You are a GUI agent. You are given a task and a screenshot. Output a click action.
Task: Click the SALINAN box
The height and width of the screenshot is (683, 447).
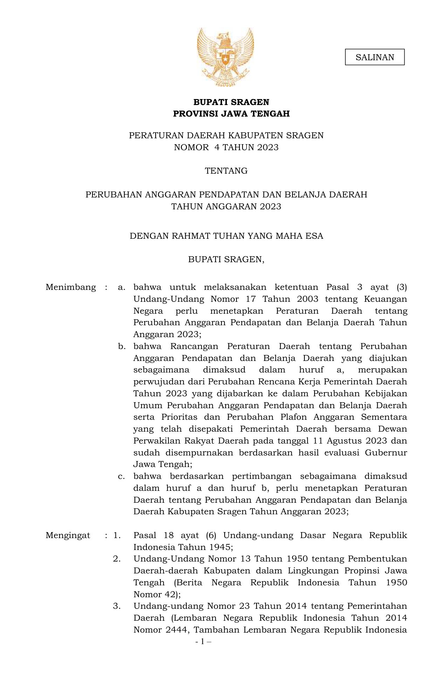(x=374, y=57)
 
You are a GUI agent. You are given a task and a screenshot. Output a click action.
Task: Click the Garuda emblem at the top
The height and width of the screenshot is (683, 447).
(x=225, y=57)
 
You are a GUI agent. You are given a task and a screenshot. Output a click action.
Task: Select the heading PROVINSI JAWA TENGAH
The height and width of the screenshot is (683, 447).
(x=231, y=114)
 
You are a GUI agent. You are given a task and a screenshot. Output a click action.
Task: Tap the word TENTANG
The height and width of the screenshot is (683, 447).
(x=226, y=171)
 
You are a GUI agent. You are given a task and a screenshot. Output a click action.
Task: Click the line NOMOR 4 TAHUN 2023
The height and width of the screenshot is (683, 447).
(x=226, y=147)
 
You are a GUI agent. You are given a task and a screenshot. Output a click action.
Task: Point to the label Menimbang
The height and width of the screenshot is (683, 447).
(x=71, y=287)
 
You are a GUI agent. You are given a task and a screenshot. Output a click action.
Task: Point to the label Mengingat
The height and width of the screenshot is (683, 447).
(x=68, y=535)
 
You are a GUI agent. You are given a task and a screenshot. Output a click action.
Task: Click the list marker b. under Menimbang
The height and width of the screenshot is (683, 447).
(x=122, y=347)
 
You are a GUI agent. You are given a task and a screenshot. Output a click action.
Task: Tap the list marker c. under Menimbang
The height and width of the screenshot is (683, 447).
(x=122, y=476)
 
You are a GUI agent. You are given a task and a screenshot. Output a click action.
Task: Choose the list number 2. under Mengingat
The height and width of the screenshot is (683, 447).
(x=117, y=559)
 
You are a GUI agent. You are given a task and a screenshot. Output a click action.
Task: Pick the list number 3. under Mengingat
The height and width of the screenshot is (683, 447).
(x=117, y=606)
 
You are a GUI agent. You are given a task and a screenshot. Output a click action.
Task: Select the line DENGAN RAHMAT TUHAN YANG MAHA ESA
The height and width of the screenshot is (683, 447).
(x=226, y=236)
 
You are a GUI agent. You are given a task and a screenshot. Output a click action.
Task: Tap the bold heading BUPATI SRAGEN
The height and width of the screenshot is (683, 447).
(x=231, y=102)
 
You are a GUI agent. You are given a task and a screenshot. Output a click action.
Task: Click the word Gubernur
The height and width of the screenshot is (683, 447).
(x=386, y=453)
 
